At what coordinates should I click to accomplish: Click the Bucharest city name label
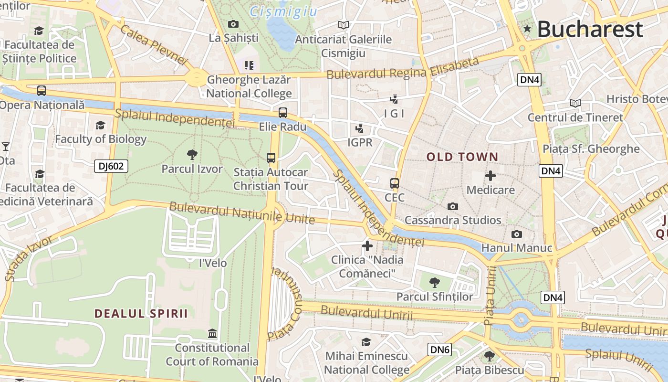(x=590, y=29)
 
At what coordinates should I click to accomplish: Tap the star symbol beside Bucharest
(x=527, y=29)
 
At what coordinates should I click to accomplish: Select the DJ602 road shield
(x=111, y=166)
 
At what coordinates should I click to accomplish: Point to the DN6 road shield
(x=439, y=350)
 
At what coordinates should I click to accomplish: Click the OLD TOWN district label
(x=462, y=157)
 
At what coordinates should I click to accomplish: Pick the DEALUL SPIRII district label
(x=141, y=314)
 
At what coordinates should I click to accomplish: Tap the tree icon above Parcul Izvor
(x=192, y=154)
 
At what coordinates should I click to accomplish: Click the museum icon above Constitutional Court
(x=212, y=333)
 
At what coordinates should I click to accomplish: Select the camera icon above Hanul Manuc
(x=516, y=234)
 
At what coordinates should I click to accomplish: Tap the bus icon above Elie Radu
(x=283, y=113)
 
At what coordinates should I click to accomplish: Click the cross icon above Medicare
(x=490, y=176)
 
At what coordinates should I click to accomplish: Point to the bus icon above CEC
(x=395, y=183)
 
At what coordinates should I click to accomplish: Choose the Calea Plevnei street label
(x=154, y=45)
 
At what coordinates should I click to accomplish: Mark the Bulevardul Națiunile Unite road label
(x=242, y=213)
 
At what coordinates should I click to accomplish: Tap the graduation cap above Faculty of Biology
(x=100, y=125)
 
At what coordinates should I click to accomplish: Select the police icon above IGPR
(x=359, y=128)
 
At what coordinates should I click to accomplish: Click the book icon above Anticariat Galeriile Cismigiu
(x=343, y=25)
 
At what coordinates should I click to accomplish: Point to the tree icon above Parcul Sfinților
(x=434, y=282)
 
